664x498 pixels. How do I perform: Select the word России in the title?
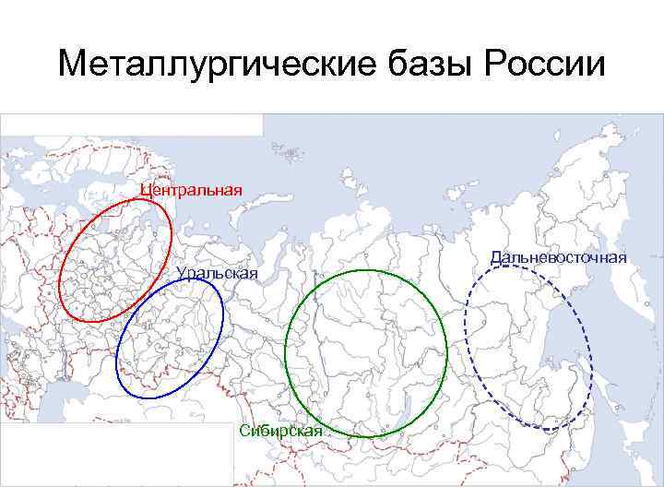pyautogui.click(x=544, y=65)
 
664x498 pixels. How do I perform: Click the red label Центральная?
pyautogui.click(x=192, y=190)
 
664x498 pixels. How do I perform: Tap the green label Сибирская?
pyautogui.click(x=280, y=431)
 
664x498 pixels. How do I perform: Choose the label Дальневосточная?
pyautogui.click(x=560, y=256)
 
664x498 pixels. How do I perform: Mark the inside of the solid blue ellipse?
pyautogui.click(x=170, y=337)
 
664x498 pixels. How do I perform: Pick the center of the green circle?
pyautogui.click(x=365, y=351)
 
